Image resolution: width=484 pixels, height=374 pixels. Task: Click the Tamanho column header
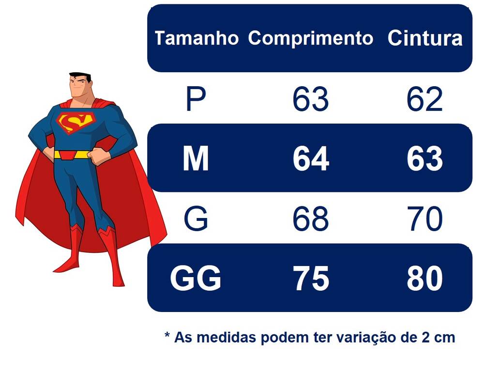coord(197,38)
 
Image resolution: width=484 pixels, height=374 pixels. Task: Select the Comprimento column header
coord(311,38)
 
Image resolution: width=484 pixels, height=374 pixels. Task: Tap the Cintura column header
coord(425,39)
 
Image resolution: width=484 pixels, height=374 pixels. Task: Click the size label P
coord(196,100)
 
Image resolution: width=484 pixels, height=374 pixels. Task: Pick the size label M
coord(196,159)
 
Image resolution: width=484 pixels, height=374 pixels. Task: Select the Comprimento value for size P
coord(311,100)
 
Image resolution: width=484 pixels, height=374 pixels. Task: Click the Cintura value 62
coord(424,100)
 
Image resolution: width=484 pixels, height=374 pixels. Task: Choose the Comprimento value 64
coord(311,159)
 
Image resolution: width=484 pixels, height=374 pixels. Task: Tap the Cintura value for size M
coord(424,159)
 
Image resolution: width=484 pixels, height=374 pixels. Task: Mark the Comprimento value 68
coord(311,219)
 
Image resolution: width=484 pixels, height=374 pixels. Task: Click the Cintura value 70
coord(424,219)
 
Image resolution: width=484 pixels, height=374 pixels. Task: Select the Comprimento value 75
coord(311,279)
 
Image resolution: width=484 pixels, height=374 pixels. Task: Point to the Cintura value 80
coord(424,279)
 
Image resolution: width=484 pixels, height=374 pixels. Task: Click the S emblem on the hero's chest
coord(74,122)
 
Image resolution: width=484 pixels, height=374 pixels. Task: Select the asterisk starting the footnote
coord(167,335)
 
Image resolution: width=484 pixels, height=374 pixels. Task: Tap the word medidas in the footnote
coord(224,337)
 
